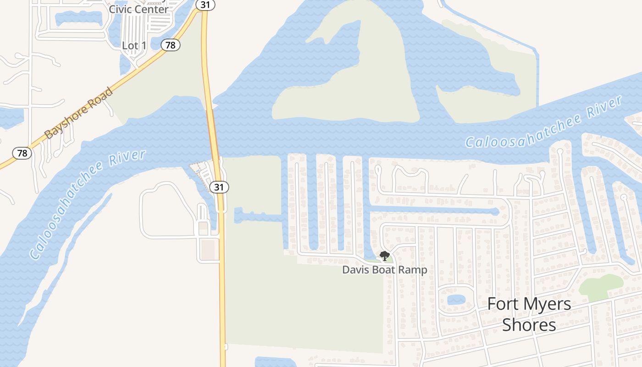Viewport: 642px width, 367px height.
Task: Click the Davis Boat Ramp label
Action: click(385, 270)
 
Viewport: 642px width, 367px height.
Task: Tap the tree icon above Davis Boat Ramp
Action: click(385, 256)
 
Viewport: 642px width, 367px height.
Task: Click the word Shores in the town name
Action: click(529, 325)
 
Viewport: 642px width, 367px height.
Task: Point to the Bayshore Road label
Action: click(79, 113)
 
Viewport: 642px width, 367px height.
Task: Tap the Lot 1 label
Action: click(134, 45)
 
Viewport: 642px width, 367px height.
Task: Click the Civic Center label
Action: click(138, 9)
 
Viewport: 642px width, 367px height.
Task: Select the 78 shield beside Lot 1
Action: click(171, 45)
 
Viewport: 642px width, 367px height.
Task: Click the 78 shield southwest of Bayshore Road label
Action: click(22, 153)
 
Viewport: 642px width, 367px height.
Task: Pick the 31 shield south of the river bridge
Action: click(219, 187)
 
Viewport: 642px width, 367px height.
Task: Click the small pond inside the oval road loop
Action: click(456, 300)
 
